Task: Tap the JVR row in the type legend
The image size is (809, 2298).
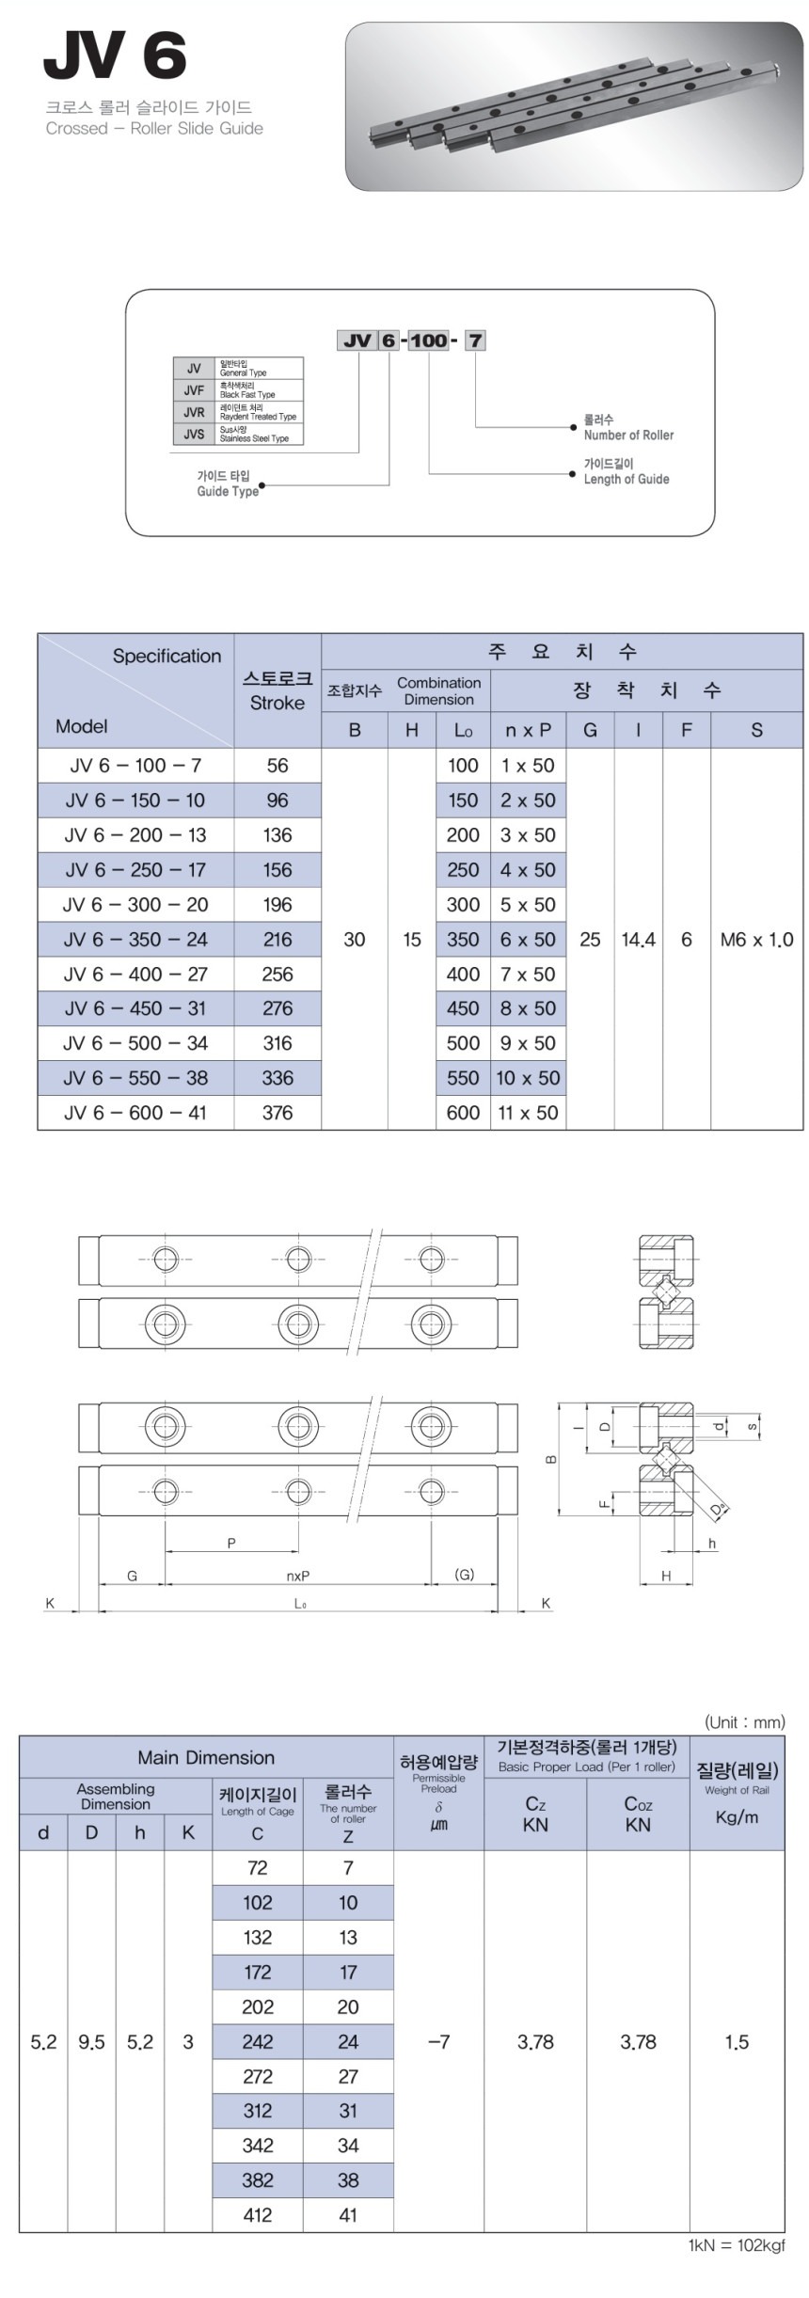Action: pos(238,412)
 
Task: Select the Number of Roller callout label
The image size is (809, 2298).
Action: pos(627,428)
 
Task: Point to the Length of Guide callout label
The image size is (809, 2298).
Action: pos(626,472)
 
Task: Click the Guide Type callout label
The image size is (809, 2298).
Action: pos(227,483)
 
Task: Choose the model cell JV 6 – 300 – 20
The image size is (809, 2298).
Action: pos(135,905)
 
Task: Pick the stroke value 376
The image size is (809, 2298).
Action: pos(278,1113)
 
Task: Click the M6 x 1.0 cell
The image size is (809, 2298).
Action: pos(756,939)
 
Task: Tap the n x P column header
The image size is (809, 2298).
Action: pos(528,730)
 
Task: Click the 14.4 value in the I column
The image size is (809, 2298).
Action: pos(638,939)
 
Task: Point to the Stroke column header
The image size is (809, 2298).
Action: pos(278,690)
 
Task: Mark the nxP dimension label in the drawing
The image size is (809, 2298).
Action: pos(298,1576)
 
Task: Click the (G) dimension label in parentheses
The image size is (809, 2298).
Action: pos(464,1574)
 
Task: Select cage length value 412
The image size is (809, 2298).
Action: pos(257,2215)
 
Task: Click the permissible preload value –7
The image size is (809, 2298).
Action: pos(438,2041)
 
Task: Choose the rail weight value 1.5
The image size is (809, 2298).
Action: pos(737,2041)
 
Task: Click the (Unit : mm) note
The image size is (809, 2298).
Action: pos(744,1722)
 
